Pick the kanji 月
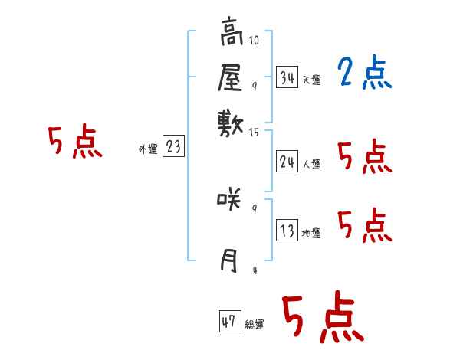pos(229,260)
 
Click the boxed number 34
pos(287,77)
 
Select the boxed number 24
pos(287,161)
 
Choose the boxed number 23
pos(173,146)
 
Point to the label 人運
pos(311,164)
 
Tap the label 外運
pos(147,149)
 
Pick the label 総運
pos(255,325)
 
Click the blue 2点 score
pos(364,74)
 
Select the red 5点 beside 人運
pos(364,158)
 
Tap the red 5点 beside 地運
pos(364,225)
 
